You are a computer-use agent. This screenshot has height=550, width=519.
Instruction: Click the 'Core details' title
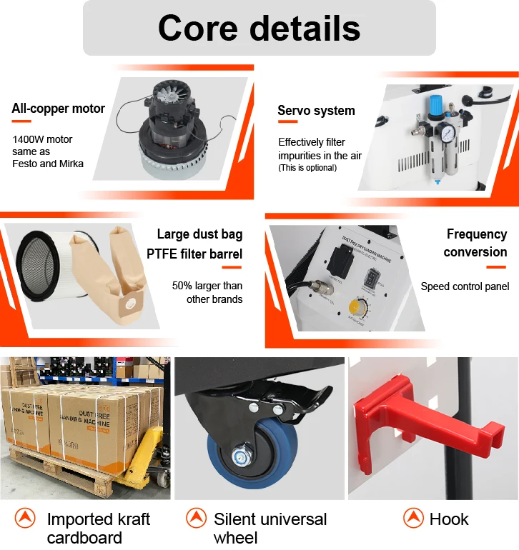(259, 29)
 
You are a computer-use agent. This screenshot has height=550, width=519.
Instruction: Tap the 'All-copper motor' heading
(59, 109)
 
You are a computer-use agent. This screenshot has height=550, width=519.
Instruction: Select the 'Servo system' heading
(316, 111)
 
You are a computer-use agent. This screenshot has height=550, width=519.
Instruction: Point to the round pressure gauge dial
(446, 134)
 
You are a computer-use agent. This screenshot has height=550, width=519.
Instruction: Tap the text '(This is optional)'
(307, 168)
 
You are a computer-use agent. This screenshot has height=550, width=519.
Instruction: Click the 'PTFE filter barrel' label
(194, 254)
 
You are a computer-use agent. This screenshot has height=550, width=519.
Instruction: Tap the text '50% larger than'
(207, 286)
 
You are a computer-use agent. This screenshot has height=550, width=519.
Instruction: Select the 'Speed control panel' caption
(465, 286)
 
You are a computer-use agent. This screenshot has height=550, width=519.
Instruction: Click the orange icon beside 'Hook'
(413, 519)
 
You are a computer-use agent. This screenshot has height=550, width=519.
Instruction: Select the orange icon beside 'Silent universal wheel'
(196, 519)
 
